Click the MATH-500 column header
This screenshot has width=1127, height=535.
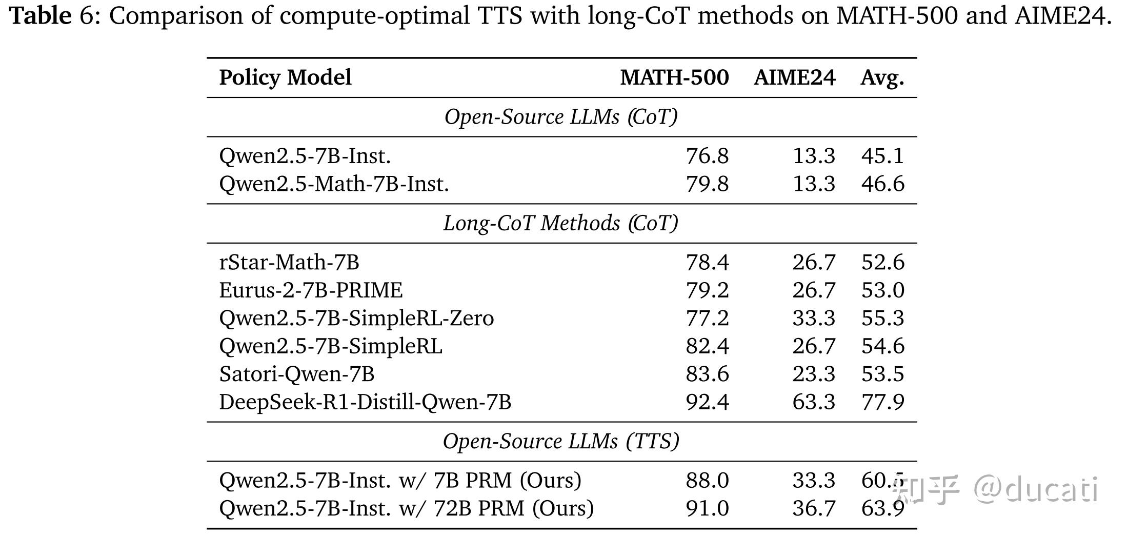point(674,78)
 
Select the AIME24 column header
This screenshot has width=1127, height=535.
point(794,78)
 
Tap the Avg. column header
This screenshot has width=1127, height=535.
point(882,78)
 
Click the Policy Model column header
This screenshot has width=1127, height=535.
point(285,78)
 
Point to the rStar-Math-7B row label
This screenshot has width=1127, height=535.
point(289,262)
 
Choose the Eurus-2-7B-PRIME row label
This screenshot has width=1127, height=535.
point(311,290)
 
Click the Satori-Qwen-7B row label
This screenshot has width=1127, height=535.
point(296,374)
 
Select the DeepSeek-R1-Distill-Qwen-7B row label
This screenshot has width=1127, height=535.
point(365,402)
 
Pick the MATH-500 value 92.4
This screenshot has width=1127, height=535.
point(707,402)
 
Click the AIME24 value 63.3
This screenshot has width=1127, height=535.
point(814,402)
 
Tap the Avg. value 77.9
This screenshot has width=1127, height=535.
point(882,402)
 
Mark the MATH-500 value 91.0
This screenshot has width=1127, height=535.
point(707,508)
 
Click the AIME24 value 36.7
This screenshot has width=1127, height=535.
point(814,508)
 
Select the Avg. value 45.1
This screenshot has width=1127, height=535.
point(882,156)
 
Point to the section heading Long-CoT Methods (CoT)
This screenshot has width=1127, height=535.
point(561,223)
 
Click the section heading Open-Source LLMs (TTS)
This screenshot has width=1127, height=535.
point(561,442)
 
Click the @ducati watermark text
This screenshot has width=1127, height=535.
point(1036,490)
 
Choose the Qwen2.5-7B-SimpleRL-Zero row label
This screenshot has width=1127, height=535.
point(356,318)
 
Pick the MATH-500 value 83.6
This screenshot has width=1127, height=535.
point(707,374)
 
